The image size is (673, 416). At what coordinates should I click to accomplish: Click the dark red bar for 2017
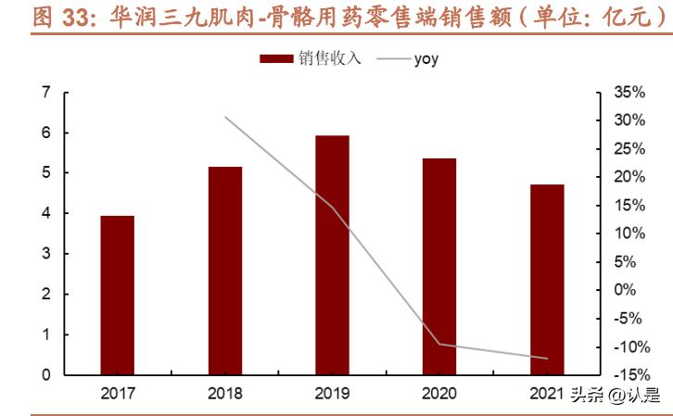(x=118, y=295)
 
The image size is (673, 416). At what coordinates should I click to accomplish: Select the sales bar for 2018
(x=225, y=271)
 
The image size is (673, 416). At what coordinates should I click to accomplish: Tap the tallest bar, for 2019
(x=332, y=255)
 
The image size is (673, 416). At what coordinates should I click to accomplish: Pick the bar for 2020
(x=439, y=266)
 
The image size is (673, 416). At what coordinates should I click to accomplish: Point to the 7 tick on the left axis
(x=44, y=93)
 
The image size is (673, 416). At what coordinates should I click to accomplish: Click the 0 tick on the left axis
(x=44, y=375)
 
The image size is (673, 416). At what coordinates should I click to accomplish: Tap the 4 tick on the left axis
(x=44, y=214)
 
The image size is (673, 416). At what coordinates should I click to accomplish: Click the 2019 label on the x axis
(x=332, y=394)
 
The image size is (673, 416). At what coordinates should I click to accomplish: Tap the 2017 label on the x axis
(x=118, y=394)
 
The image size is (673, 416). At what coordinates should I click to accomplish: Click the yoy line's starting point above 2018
(x=225, y=117)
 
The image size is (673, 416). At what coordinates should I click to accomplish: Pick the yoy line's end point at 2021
(x=547, y=359)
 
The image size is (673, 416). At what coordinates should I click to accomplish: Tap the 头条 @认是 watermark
(x=616, y=394)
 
